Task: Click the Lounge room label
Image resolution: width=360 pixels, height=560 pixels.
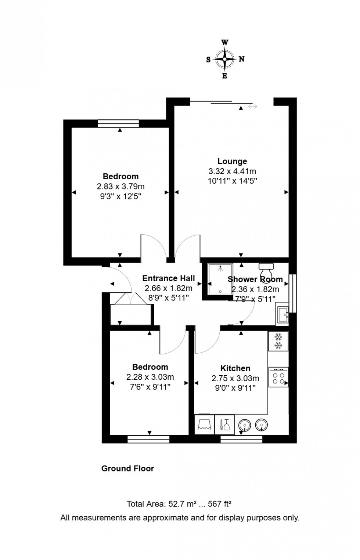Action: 232,161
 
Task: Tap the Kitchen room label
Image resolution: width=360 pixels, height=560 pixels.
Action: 235,368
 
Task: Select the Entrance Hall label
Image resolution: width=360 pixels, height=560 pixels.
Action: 168,278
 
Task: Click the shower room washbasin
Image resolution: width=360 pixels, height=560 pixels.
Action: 282,315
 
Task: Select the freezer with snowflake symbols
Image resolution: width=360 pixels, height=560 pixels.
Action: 278,341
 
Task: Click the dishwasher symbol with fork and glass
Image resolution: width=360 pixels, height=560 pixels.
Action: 224,425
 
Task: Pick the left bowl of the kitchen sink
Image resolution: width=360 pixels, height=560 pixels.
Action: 244,425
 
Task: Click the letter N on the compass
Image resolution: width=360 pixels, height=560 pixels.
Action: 241,59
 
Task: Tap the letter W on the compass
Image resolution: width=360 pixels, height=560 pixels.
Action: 224,42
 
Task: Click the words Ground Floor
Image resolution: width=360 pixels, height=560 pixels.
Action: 127,469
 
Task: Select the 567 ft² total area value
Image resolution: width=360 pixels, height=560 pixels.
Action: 219,504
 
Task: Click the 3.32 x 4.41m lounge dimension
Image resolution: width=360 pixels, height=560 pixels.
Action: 232,171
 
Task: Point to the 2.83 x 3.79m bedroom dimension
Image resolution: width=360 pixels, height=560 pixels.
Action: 120,187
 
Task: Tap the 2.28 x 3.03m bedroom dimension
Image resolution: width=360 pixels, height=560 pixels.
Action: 150,377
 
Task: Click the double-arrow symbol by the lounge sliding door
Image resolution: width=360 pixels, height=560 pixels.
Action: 252,106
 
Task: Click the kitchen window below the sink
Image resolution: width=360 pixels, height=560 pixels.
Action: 241,439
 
